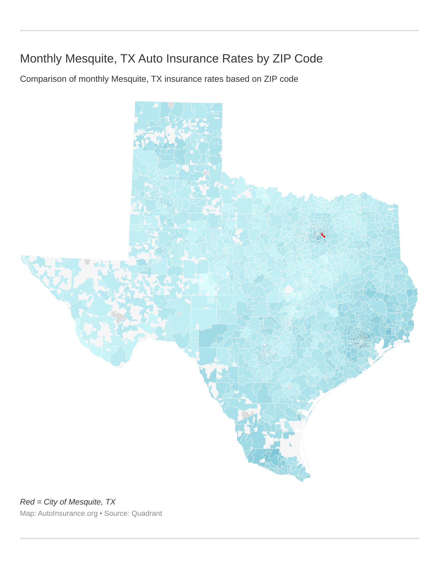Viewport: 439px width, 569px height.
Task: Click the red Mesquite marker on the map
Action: tap(323, 235)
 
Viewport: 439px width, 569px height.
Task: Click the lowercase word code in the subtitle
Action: tap(289, 79)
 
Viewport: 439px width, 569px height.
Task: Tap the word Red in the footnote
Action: tap(27, 502)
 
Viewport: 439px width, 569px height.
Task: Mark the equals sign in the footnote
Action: tap(39, 502)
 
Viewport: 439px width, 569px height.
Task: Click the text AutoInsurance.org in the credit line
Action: tap(68, 513)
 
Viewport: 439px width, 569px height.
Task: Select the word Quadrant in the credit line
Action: tap(147, 513)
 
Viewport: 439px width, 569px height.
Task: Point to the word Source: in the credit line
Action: tap(117, 513)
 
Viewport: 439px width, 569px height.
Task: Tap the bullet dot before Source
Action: tap(101, 513)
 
